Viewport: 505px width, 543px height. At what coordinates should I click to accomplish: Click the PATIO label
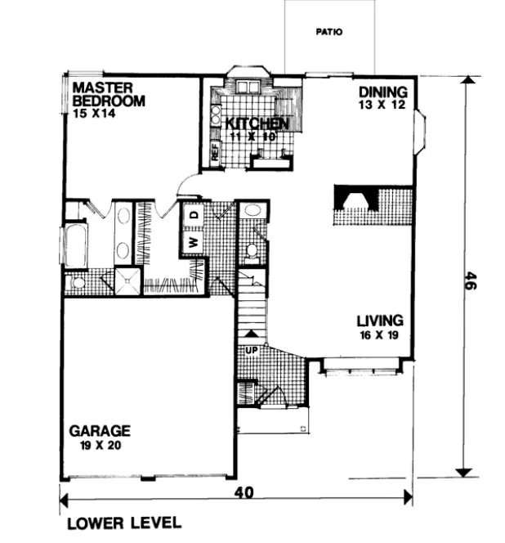coord(329,34)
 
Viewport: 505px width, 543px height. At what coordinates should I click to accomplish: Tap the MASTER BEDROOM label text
coord(109,94)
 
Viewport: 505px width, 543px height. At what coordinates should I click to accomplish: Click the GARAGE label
coord(100,430)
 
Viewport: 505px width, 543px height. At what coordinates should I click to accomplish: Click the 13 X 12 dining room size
coord(387,105)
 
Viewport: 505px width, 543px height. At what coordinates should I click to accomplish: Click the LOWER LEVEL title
coord(123,523)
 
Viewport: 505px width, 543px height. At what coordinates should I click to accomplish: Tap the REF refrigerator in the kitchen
coord(215,153)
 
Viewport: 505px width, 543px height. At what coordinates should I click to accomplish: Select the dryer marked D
coord(194,214)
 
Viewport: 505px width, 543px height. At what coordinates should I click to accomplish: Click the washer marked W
coord(194,242)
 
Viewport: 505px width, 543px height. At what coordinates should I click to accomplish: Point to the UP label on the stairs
coord(251,352)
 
